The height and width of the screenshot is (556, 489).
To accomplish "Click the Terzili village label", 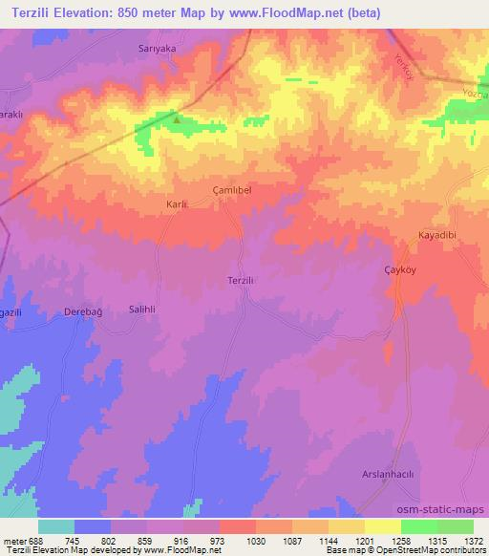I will coord(240,279).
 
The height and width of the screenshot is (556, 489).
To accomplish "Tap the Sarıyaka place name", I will coord(158,47).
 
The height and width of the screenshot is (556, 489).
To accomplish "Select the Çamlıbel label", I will coord(230,191).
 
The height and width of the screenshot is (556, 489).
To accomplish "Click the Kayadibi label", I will coord(438,235).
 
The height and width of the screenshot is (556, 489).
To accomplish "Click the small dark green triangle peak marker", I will coord(177,119).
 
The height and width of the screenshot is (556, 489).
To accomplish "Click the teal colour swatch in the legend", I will coord(56,526).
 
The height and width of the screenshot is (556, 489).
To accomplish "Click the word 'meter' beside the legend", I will coord(15,541).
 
